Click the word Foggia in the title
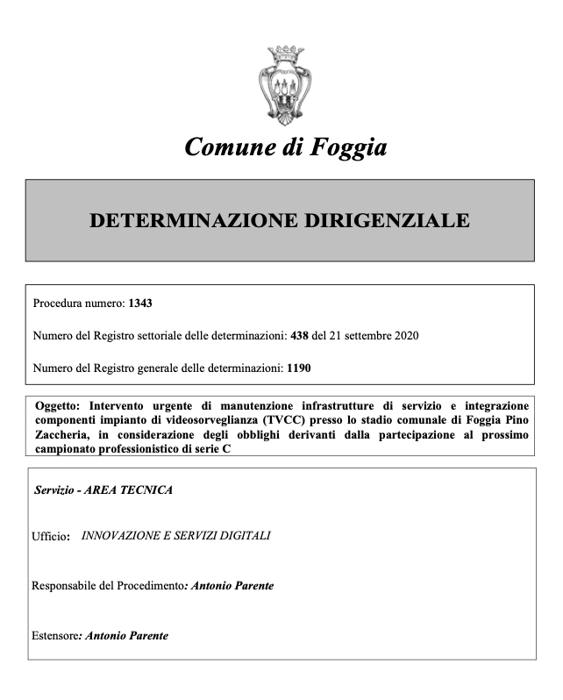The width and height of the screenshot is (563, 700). coord(348,146)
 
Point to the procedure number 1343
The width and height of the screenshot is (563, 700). coord(140,304)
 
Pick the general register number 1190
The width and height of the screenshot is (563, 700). coord(299,368)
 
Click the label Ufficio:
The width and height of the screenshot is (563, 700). coord(51,536)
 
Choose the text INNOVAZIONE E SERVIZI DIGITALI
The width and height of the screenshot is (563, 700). coord(175,535)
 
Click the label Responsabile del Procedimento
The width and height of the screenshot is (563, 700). coord(108,586)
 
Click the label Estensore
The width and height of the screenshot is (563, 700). coord(53,636)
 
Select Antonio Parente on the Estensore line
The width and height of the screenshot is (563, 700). coord(125,636)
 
